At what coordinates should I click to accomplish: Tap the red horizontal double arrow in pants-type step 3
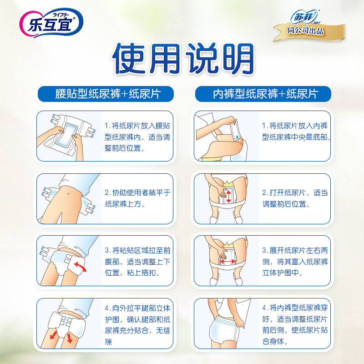click(x=228, y=261)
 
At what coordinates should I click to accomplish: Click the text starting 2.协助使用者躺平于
click(x=136, y=198)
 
